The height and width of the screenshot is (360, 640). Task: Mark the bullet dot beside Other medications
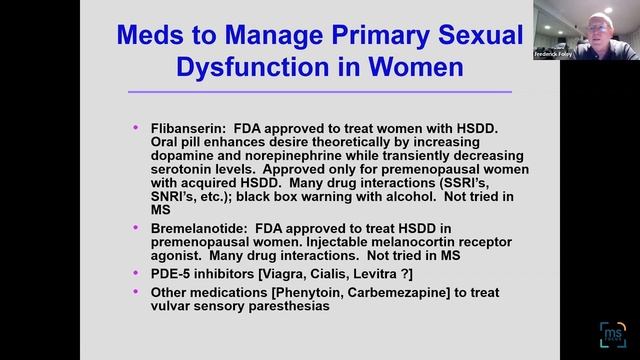pos(136,291)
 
